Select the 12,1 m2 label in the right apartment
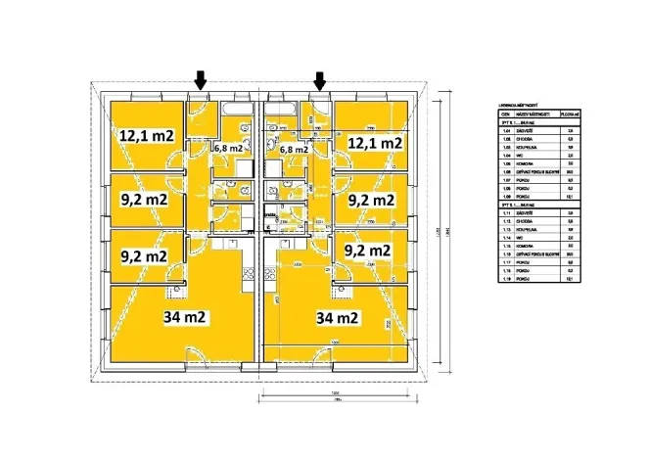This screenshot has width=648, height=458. (x=377, y=143)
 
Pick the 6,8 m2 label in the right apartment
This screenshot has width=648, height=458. (x=295, y=150)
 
